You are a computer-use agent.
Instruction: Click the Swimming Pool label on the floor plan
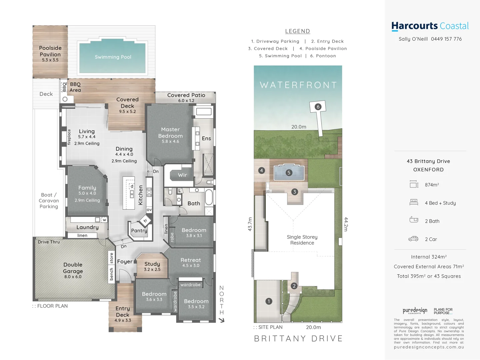pyautogui.click(x=113, y=57)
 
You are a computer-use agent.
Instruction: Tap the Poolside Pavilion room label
pyautogui.click(x=50, y=51)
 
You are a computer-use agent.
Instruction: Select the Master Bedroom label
pyautogui.click(x=170, y=133)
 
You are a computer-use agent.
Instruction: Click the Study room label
pyautogui.click(x=152, y=264)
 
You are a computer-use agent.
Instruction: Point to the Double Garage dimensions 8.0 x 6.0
pyautogui.click(x=73, y=277)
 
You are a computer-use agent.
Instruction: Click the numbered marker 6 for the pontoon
pyautogui.click(x=318, y=107)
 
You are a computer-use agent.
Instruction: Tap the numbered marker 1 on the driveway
pyautogui.click(x=269, y=301)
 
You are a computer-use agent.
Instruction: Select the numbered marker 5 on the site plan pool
pyautogui.click(x=289, y=172)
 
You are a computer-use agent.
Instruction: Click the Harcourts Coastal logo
pyautogui.click(x=430, y=26)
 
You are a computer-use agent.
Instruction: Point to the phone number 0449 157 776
pyautogui.click(x=446, y=39)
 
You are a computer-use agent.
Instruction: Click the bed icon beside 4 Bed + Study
pyautogui.click(x=414, y=202)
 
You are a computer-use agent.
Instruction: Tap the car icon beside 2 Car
pyautogui.click(x=413, y=239)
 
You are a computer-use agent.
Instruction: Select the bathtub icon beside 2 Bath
pyautogui.click(x=414, y=220)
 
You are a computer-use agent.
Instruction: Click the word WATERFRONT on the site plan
pyautogui.click(x=298, y=85)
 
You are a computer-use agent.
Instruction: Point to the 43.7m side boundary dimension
pyautogui.click(x=250, y=224)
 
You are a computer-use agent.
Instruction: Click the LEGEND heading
pyautogui.click(x=298, y=31)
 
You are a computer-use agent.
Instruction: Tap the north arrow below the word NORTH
pyautogui.click(x=222, y=320)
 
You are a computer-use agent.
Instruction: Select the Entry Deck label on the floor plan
pyautogui.click(x=123, y=312)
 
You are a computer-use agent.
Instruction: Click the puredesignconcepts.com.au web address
pyautogui.click(x=429, y=347)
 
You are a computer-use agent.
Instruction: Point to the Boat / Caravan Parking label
pyautogui.click(x=49, y=201)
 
